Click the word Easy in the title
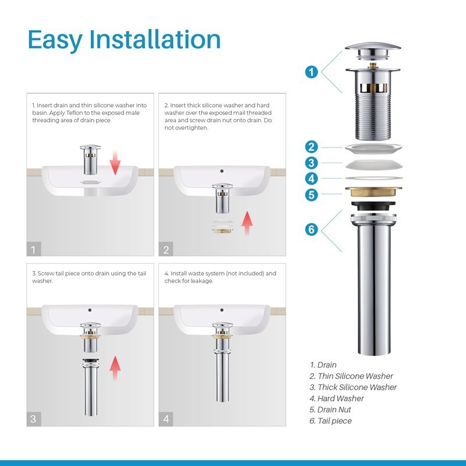point(55,40)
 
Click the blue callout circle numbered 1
point(311,72)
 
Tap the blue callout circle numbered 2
point(311,147)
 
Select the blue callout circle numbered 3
point(311,163)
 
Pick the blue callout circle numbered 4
point(311,179)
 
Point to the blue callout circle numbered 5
point(311,195)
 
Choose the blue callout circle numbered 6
point(311,230)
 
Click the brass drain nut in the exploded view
point(373,192)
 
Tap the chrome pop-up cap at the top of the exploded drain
point(373,50)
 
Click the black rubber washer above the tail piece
point(373,206)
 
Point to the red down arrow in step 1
point(115,163)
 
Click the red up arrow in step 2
point(247,224)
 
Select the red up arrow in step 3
point(115,368)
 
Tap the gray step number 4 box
point(166,419)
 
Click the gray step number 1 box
point(34,249)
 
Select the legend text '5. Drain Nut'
point(330,409)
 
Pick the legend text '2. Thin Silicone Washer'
point(351,376)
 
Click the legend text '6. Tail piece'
point(330,421)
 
